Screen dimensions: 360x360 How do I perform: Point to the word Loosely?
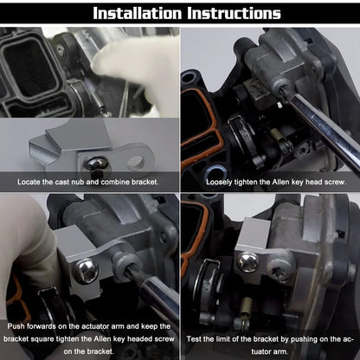click(x=222, y=183)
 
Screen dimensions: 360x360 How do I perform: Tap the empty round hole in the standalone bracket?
click(x=137, y=161)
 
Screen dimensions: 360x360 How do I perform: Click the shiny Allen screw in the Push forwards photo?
click(x=88, y=271)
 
